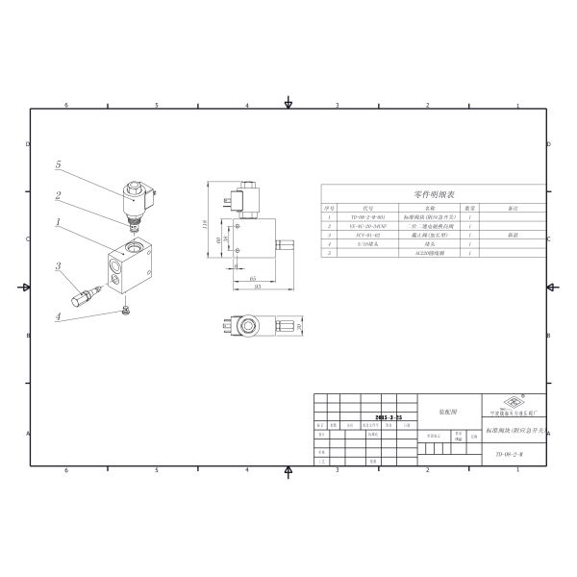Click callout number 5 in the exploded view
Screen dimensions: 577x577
coord(59,165)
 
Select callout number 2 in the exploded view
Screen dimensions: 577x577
coord(59,197)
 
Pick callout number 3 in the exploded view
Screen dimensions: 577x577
coord(59,266)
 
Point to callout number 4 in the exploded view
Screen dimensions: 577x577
coord(59,315)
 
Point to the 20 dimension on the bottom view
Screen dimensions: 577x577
coord(300,326)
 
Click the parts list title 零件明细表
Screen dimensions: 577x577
coord(432,193)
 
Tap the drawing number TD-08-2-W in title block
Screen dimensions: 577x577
coord(510,452)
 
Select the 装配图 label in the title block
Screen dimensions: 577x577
coord(449,409)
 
